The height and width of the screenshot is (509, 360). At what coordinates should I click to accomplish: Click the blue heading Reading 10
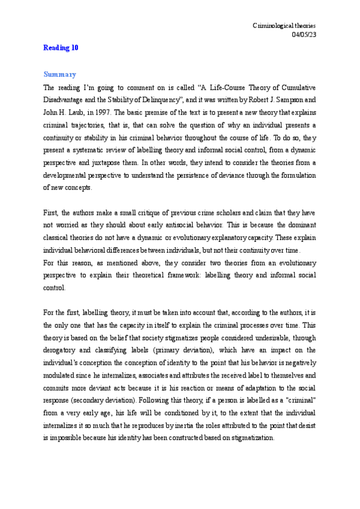pyautogui.click(x=61, y=48)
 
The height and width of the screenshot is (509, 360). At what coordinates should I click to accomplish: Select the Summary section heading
pyautogui.click(x=59, y=75)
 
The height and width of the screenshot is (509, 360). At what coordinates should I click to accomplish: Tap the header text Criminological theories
pyautogui.click(x=284, y=26)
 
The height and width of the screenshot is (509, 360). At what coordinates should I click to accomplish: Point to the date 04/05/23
pyautogui.click(x=304, y=34)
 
